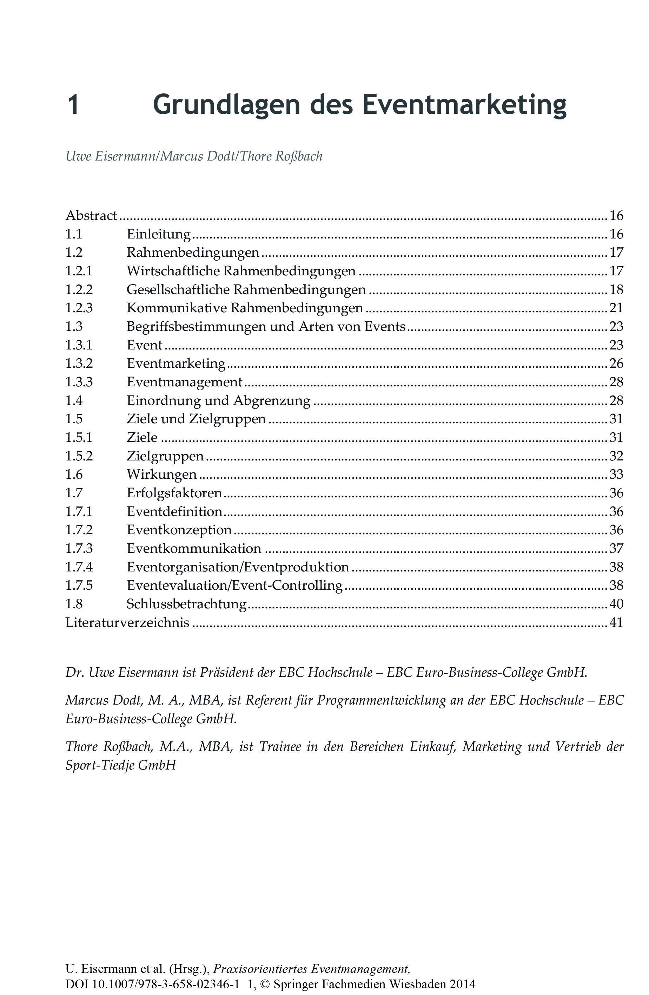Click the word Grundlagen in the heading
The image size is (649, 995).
pyautogui.click(x=226, y=105)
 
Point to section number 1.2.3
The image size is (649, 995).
pyautogui.click(x=79, y=308)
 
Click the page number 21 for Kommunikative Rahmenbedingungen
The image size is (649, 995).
pyautogui.click(x=616, y=308)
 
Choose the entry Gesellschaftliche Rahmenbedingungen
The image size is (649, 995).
pyautogui.click(x=246, y=289)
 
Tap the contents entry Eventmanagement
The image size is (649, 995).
pyautogui.click(x=184, y=382)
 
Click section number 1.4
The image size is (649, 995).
pyautogui.click(x=74, y=400)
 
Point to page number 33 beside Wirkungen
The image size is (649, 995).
pyautogui.click(x=616, y=474)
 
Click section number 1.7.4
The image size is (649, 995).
pyautogui.click(x=79, y=567)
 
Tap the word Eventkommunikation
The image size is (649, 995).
pyautogui.click(x=193, y=548)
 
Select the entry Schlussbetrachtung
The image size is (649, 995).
pyautogui.click(x=186, y=604)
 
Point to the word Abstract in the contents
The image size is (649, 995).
pyautogui.click(x=91, y=215)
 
